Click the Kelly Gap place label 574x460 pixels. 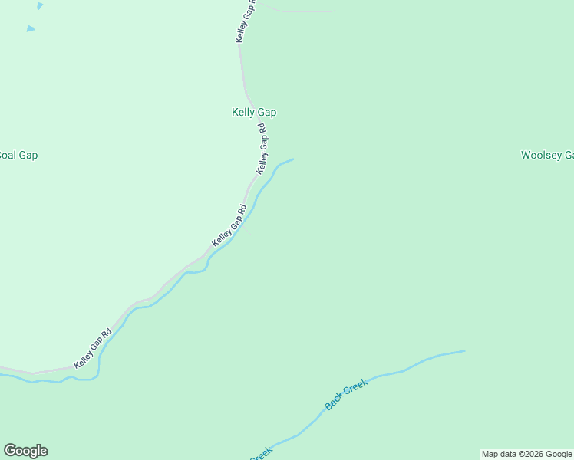click(x=254, y=112)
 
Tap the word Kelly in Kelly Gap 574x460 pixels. click(x=244, y=112)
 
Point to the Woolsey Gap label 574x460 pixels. click(x=547, y=155)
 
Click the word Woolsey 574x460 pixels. click(x=540, y=155)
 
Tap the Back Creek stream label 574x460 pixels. click(x=347, y=393)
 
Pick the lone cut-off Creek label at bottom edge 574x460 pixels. click(x=262, y=452)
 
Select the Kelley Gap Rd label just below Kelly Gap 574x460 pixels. click(x=264, y=148)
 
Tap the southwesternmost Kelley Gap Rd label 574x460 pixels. click(x=93, y=349)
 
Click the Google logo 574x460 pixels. click(x=25, y=451)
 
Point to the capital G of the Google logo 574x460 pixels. click(x=10, y=451)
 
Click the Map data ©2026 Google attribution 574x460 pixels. click(x=526, y=454)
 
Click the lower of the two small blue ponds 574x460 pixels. click(x=31, y=29)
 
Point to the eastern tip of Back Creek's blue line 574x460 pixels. click(x=463, y=351)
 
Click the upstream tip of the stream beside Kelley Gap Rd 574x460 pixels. click(x=292, y=159)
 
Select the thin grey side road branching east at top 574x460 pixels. click(x=299, y=10)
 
